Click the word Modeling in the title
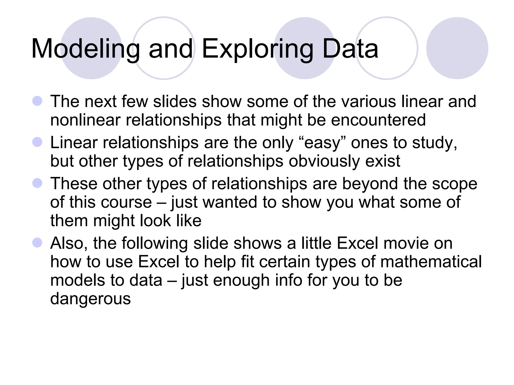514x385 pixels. tap(85, 49)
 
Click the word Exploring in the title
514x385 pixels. tap(258, 49)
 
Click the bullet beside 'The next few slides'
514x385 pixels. tap(37, 101)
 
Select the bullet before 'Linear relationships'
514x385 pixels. tap(37, 142)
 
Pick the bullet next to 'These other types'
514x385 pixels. tap(37, 183)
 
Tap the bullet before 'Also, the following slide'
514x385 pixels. tap(37, 243)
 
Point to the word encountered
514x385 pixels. tap(378, 120)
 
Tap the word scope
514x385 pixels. tap(455, 184)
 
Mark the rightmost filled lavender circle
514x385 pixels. tap(457, 48)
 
